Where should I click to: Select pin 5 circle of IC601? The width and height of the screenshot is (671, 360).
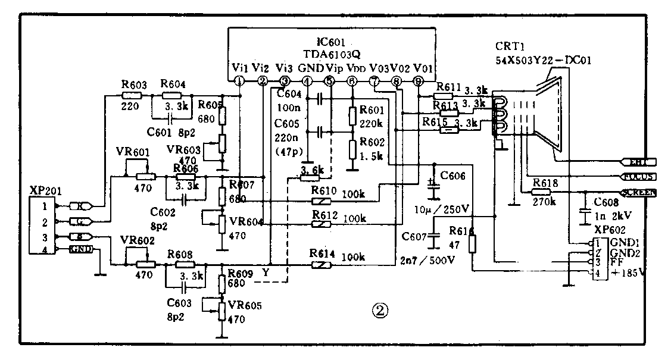pos(329,81)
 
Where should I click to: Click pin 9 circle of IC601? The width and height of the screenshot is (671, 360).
pos(419,81)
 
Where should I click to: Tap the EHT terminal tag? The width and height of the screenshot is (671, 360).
pos(638,161)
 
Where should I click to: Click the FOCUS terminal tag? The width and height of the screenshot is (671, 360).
pos(638,177)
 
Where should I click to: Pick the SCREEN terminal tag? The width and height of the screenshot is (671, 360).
pos(638,192)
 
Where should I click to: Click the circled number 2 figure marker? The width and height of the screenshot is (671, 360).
pos(380,311)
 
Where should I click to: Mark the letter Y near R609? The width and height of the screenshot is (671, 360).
pos(266,273)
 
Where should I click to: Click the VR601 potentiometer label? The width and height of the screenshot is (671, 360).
pos(133,153)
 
